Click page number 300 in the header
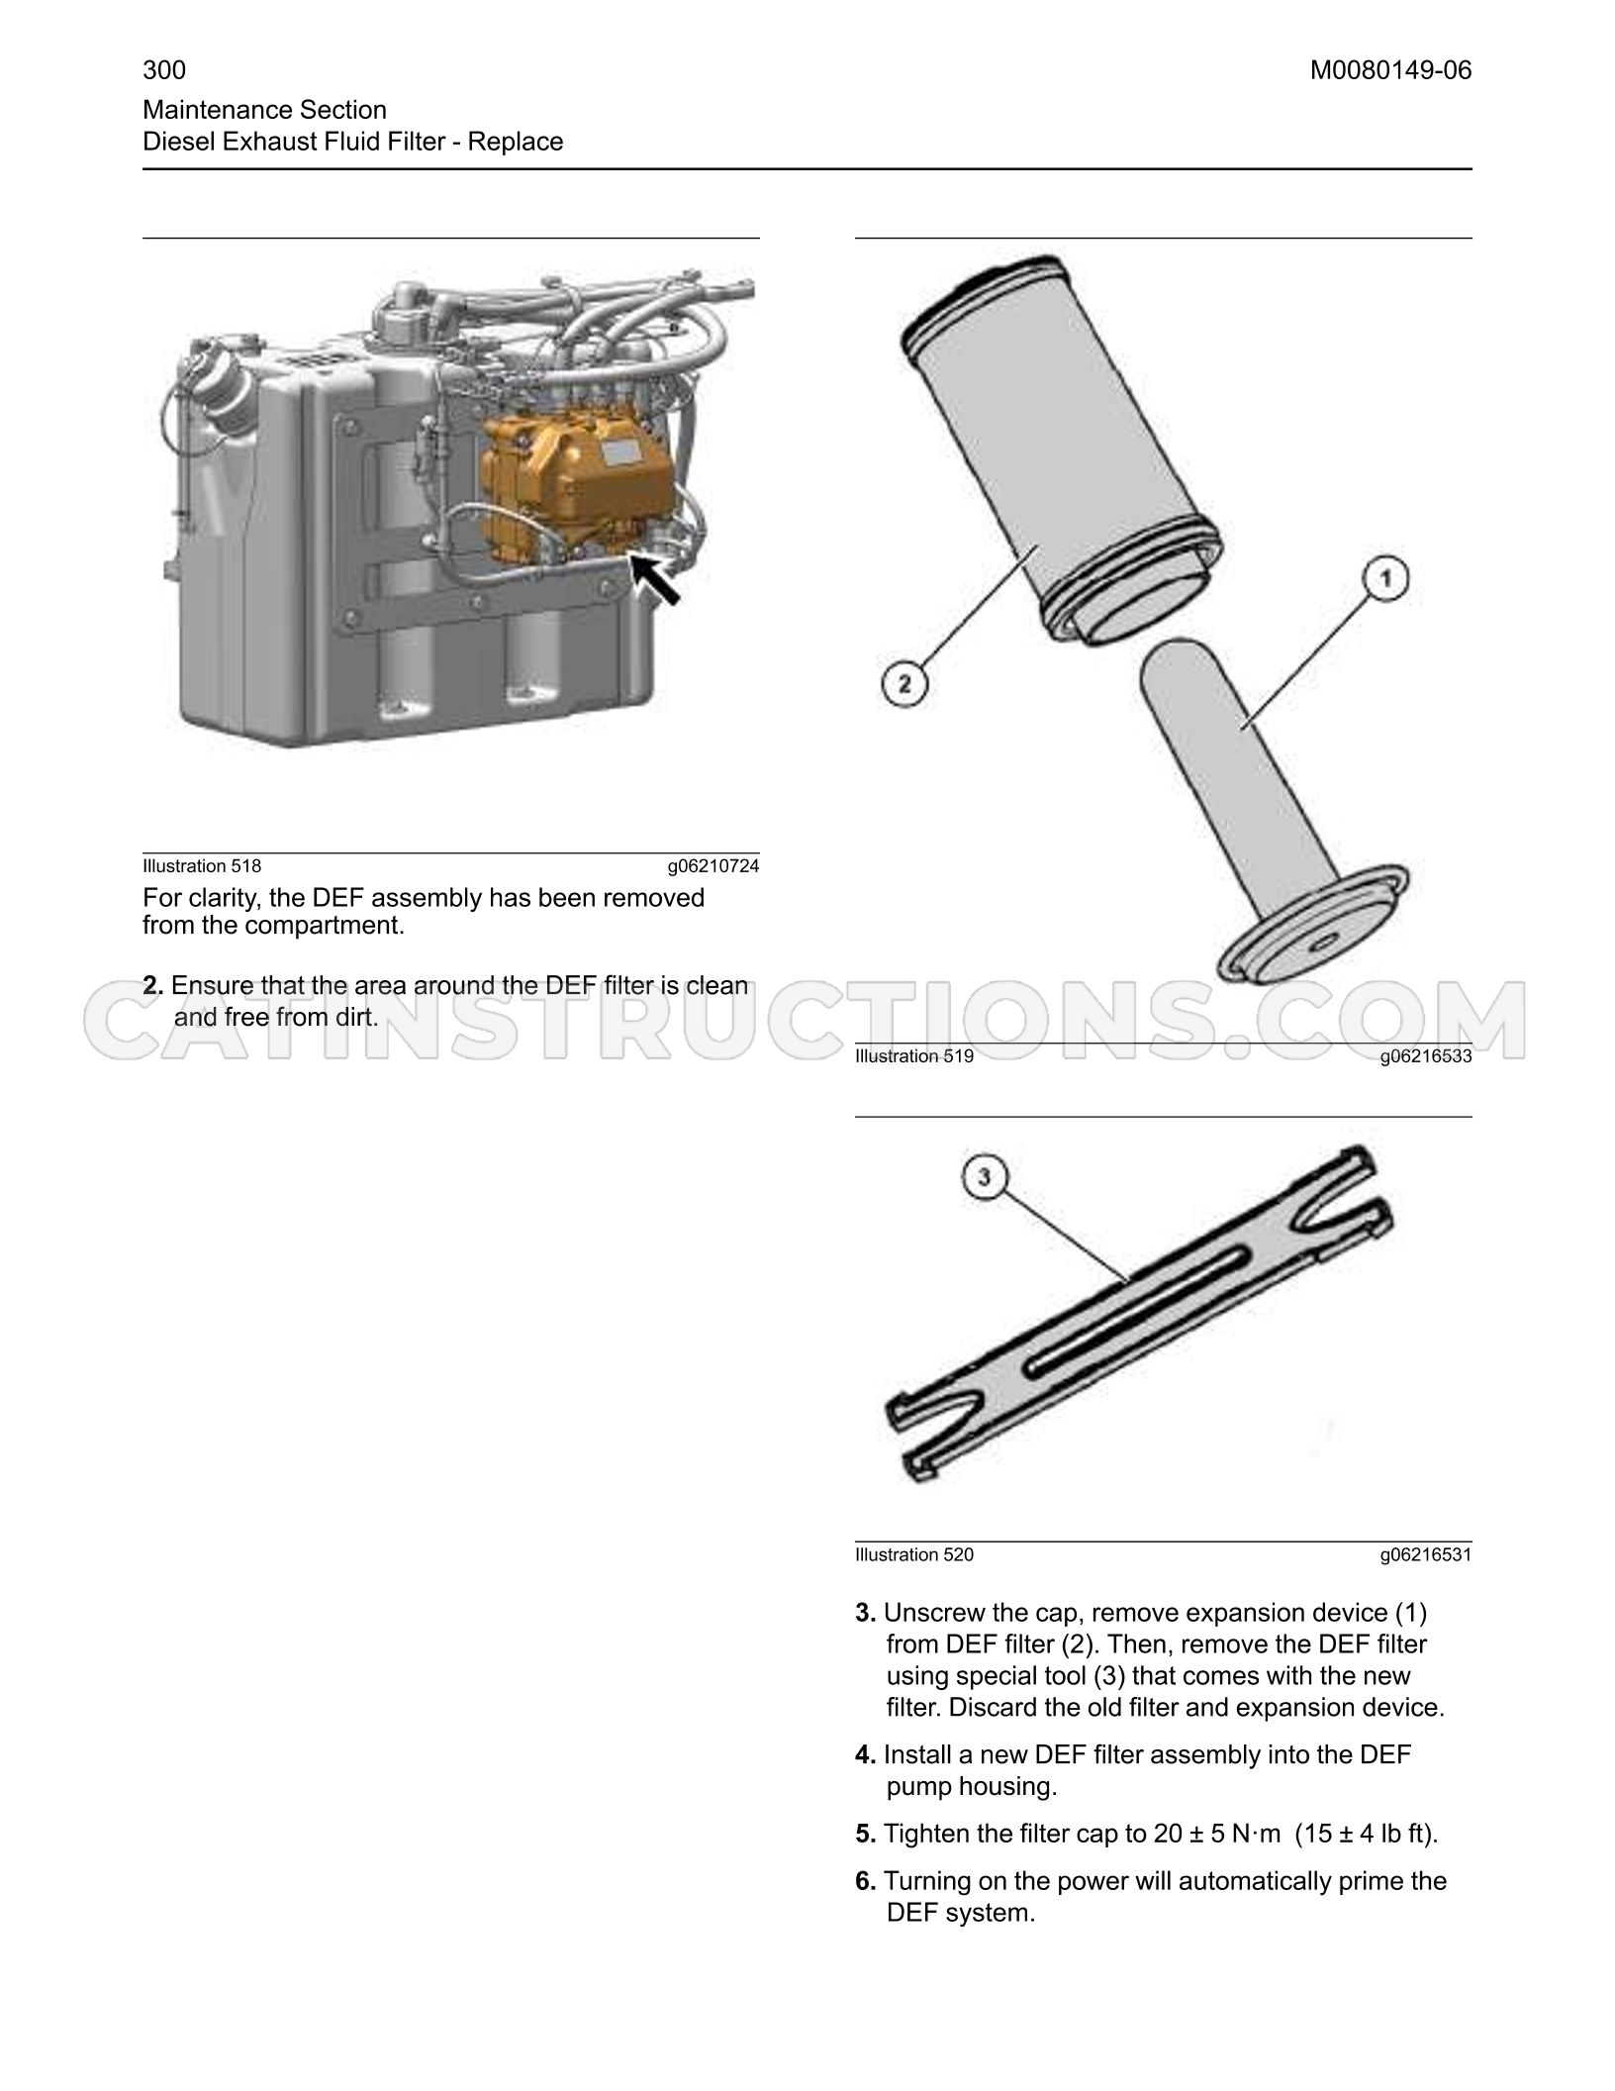164,70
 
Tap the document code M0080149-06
1391,70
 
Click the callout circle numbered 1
1386,577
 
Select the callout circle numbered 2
904,684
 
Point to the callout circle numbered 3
984,1177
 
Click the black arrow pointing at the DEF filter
656,579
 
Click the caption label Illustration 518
202,866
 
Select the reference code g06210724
713,866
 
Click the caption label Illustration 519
914,1056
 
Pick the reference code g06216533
1426,1056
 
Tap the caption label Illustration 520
914,1555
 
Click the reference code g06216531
1426,1555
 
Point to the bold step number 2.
153,986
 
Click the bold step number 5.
866,1835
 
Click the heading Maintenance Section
265,110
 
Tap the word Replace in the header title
516,142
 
